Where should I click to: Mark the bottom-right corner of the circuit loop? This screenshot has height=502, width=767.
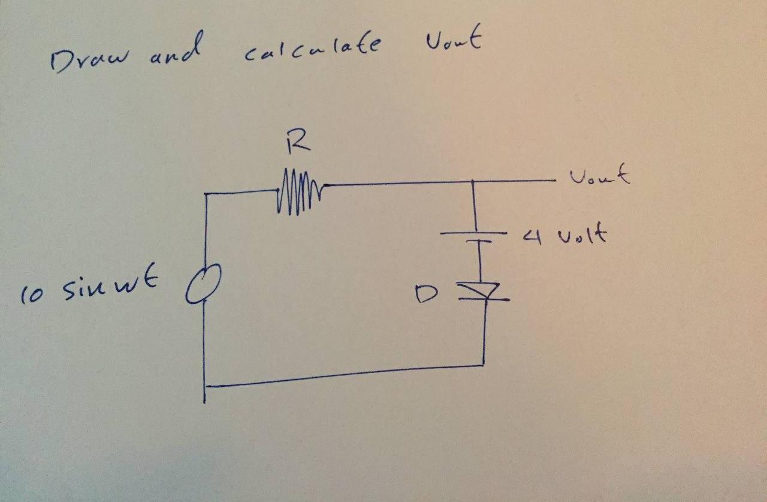(x=483, y=365)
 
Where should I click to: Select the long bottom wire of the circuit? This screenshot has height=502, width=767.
(x=345, y=375)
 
